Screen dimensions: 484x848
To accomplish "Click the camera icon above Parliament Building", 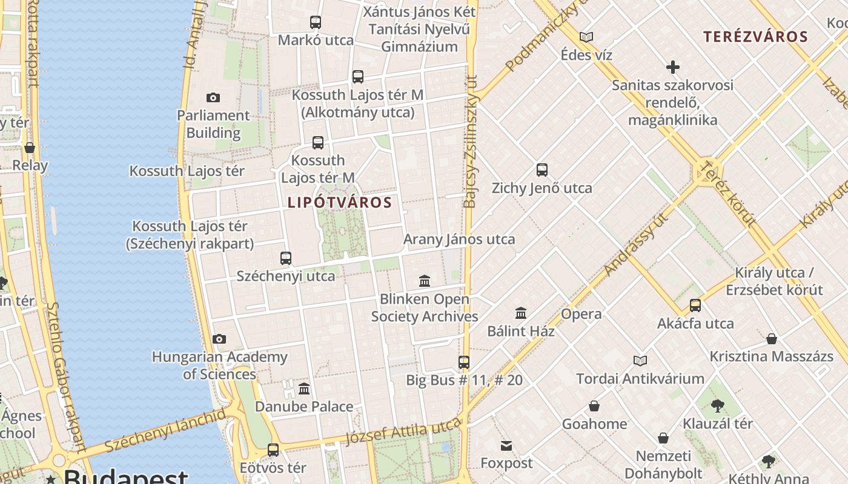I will [x=213, y=97].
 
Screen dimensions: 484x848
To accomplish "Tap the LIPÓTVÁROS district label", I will [x=340, y=203].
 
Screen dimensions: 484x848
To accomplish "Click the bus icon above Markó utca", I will [x=316, y=22].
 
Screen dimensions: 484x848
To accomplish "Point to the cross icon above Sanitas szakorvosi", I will [x=672, y=67].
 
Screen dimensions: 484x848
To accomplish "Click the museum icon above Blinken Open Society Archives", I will [x=425, y=281].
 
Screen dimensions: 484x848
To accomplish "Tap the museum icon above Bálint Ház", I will [x=521, y=313].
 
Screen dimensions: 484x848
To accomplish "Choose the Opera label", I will [x=581, y=314].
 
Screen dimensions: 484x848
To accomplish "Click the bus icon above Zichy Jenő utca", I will [x=542, y=170].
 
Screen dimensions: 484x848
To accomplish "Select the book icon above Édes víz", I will [x=586, y=37].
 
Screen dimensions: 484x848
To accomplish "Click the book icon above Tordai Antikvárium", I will [x=640, y=361].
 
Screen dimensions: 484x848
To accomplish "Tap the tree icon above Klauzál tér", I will [x=718, y=405].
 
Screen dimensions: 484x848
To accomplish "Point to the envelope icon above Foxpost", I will [x=506, y=446].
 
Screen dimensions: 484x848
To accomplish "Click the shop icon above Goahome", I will [x=594, y=406].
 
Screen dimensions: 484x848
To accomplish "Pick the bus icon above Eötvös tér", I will [x=273, y=450].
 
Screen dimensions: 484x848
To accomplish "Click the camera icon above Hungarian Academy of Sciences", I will [x=219, y=339].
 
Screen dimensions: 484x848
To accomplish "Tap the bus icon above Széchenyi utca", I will [x=286, y=258].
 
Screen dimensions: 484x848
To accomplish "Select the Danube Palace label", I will [x=303, y=406].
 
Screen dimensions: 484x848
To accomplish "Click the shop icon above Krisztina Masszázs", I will [x=772, y=339].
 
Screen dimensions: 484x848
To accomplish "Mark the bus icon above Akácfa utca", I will [x=695, y=306].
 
